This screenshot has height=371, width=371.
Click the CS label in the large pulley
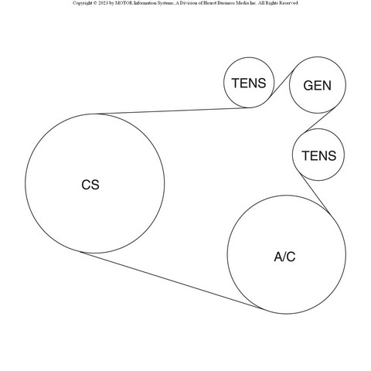click(90, 185)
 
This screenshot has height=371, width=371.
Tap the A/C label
click(284, 257)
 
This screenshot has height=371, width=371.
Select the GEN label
click(318, 86)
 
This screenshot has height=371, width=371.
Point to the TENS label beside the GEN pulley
click(249, 83)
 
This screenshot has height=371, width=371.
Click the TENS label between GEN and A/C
click(319, 155)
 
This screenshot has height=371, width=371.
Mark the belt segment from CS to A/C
click(171, 280)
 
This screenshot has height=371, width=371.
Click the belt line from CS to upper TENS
click(174, 111)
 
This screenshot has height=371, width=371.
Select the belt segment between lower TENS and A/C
click(315, 193)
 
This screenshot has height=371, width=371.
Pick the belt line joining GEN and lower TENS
click(319, 121)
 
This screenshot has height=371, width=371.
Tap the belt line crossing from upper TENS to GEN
click(283, 83)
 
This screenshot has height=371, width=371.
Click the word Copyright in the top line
click(82, 3)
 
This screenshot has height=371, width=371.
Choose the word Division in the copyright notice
click(186, 3)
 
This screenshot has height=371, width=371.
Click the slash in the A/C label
click(284, 257)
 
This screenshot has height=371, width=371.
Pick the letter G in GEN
click(308, 86)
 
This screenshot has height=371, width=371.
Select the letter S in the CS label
click(95, 185)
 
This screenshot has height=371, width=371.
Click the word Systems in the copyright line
click(165, 3)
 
